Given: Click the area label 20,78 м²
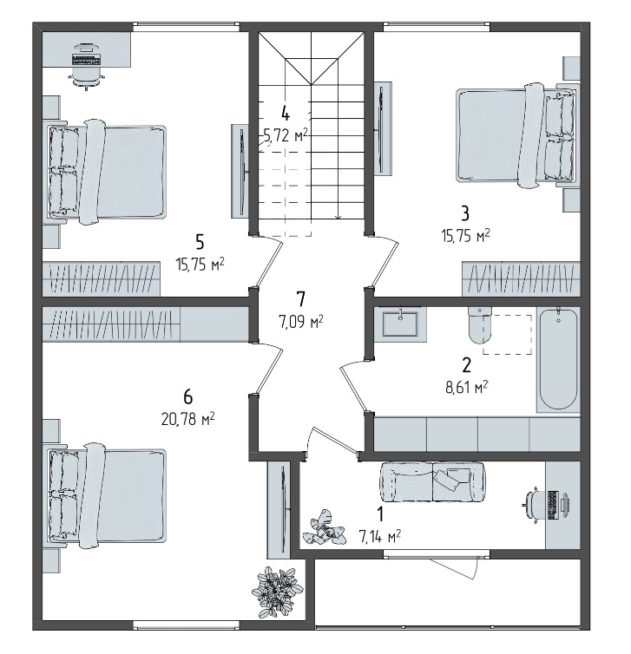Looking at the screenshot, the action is pos(187,419).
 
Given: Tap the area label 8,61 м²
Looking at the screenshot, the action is pos(467,387).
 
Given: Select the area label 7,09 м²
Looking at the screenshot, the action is pos(300,322).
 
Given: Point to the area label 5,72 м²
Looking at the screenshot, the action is pos(286,134).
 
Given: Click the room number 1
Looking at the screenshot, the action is pos(380,514).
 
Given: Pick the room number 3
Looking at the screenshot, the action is pos(465,213).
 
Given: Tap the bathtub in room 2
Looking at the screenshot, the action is pos(558,360).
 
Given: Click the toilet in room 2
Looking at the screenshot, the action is pos(479,324).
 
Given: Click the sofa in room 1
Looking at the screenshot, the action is pos(432,481).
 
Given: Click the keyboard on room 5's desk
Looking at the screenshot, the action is pos(87,59).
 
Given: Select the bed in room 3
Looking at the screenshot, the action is pos(517,136).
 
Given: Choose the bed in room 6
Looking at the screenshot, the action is pos(107,496).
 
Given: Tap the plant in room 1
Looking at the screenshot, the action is pos(325,529).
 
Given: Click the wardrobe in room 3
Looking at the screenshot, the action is pos(522,278).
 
